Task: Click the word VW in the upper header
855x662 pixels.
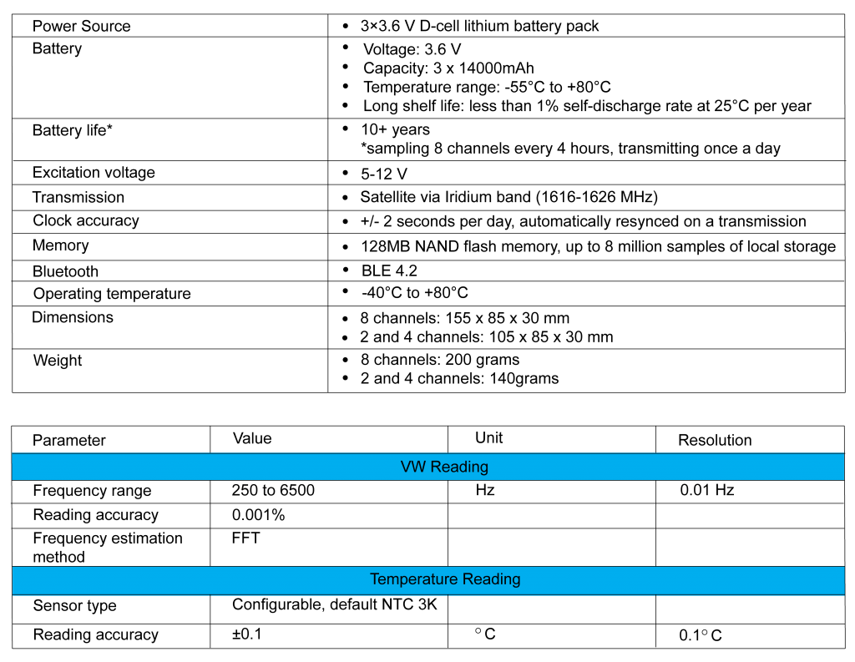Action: [x=412, y=467]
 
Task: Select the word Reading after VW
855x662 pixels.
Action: [x=458, y=467]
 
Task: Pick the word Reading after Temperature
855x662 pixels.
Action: [x=492, y=579]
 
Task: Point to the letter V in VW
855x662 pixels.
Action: [x=406, y=467]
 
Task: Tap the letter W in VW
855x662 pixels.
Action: [x=417, y=467]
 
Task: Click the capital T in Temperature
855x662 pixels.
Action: [x=375, y=579]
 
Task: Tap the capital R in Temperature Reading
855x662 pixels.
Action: [x=468, y=579]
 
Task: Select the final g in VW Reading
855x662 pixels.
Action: [x=483, y=468]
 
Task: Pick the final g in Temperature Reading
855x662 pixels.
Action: [x=516, y=581]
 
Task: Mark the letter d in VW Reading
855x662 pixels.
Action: [x=462, y=467]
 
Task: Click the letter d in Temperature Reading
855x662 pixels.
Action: [x=494, y=579]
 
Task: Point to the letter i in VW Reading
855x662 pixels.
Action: [x=468, y=467]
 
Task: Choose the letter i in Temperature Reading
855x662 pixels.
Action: [x=501, y=579]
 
